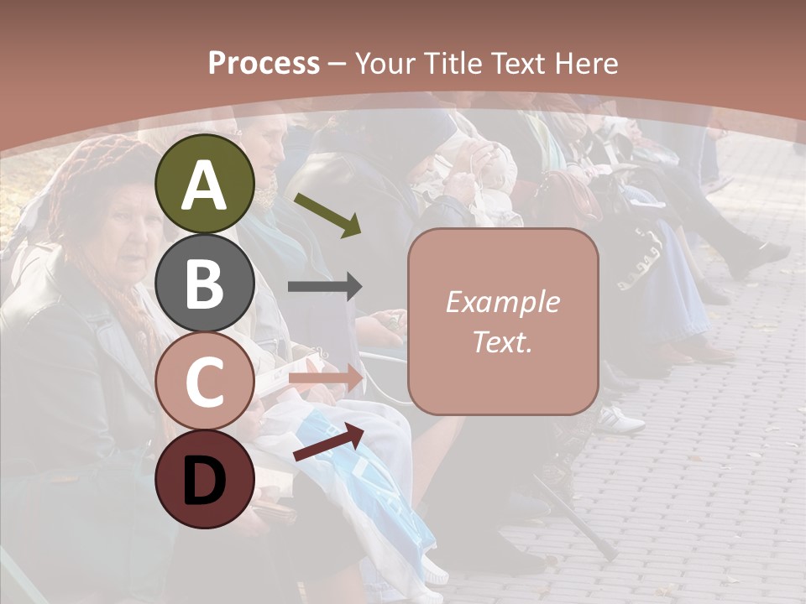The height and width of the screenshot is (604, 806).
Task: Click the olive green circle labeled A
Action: point(205,184)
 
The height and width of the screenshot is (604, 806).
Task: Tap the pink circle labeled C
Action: point(205,381)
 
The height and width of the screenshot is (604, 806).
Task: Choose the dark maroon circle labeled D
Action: point(205,479)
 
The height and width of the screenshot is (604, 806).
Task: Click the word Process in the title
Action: point(264,63)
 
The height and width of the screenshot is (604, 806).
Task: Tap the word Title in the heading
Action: point(449,63)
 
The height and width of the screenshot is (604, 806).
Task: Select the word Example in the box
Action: point(502,302)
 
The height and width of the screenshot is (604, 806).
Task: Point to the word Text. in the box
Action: point(502,342)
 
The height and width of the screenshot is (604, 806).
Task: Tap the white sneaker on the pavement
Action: point(621,419)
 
